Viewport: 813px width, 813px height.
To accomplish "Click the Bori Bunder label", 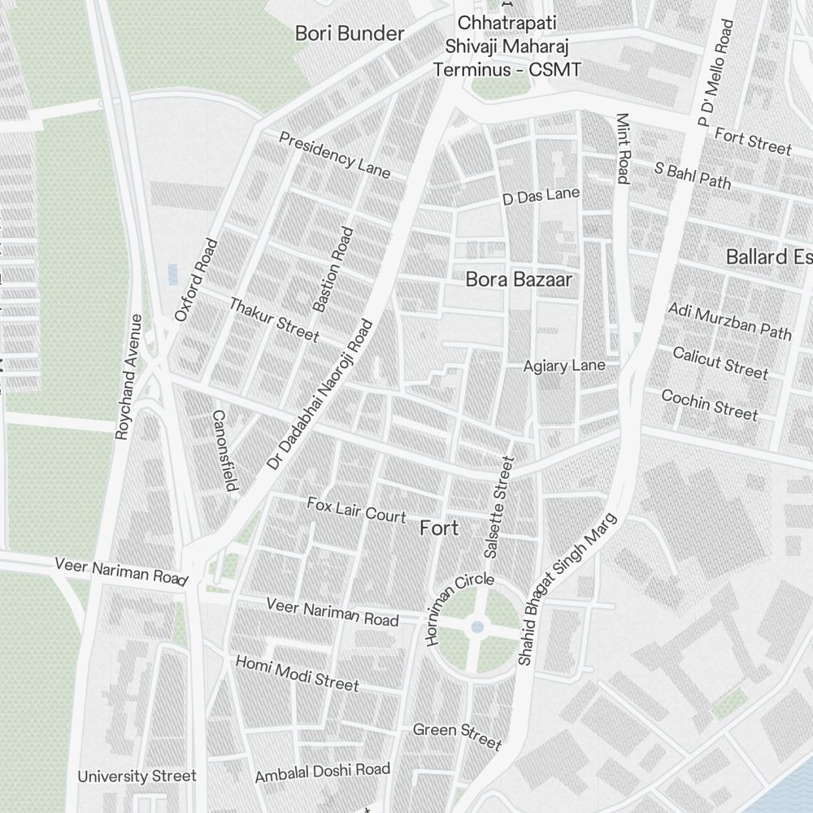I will point(350,33).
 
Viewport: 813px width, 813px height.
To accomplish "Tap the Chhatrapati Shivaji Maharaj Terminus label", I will point(507,46).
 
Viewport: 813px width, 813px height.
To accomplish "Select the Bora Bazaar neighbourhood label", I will point(519,280).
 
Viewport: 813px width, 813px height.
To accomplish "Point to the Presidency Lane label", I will point(334,154).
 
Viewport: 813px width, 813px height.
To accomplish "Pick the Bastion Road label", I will point(333,269).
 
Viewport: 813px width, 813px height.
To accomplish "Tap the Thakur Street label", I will point(274,320).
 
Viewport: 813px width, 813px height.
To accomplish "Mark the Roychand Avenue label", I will point(130,377).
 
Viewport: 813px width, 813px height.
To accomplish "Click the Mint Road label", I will point(623,148).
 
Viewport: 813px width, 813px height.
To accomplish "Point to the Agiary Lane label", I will point(564,366).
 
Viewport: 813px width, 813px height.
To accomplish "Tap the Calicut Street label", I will point(720,363).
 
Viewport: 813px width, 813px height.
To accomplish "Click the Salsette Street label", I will point(498,507).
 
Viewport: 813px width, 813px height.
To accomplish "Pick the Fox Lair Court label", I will point(356,510).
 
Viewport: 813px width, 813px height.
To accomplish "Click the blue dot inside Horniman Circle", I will point(477,627).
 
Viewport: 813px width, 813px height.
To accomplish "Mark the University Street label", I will point(137,776).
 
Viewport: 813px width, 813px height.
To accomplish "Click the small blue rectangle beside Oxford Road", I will point(172,274).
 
